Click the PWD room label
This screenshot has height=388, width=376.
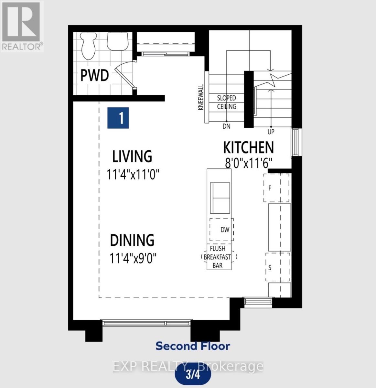coord(94,75)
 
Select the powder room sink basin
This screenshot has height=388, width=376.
coord(117,42)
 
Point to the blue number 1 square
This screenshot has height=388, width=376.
coord(118,118)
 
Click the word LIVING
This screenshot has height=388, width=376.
coord(132,156)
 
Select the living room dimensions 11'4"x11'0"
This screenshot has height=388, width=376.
coord(133,174)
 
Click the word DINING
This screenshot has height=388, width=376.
coord(132,240)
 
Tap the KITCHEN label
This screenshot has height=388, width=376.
coord(248,147)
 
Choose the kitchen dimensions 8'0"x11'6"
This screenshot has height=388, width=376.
coord(248,163)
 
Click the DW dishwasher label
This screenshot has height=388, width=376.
coord(225,230)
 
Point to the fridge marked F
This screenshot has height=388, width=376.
coord(276,188)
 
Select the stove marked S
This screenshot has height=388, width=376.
coord(278,267)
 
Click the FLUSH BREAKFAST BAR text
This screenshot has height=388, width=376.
coord(218,257)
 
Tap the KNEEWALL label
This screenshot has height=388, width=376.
coord(201,97)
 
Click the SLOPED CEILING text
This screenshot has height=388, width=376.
coord(227,102)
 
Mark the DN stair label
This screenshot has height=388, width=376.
coord(227,126)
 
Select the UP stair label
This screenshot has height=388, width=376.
coord(271,132)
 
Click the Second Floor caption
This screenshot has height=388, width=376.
coord(193,346)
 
